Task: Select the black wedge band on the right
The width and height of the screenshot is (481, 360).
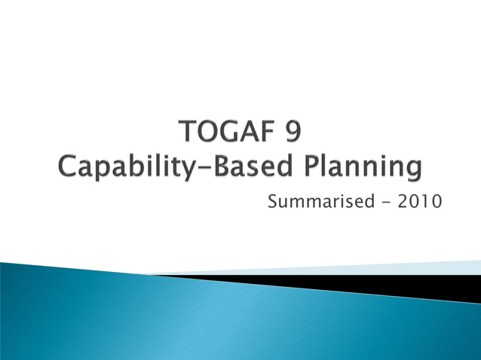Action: click(x=422, y=287)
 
